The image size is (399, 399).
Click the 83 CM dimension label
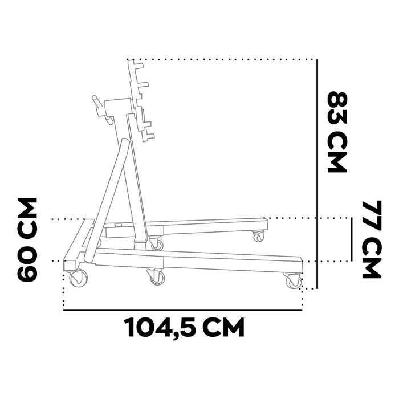coord(337,132)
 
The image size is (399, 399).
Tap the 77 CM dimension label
coord(372,239)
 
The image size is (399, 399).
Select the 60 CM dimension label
coord(27,239)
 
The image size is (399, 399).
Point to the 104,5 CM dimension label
coord(185,327)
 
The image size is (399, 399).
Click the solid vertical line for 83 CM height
coord(317,174)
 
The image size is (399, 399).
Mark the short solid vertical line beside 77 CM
coord(352,239)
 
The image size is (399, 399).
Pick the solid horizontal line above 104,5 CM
coord(183,310)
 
